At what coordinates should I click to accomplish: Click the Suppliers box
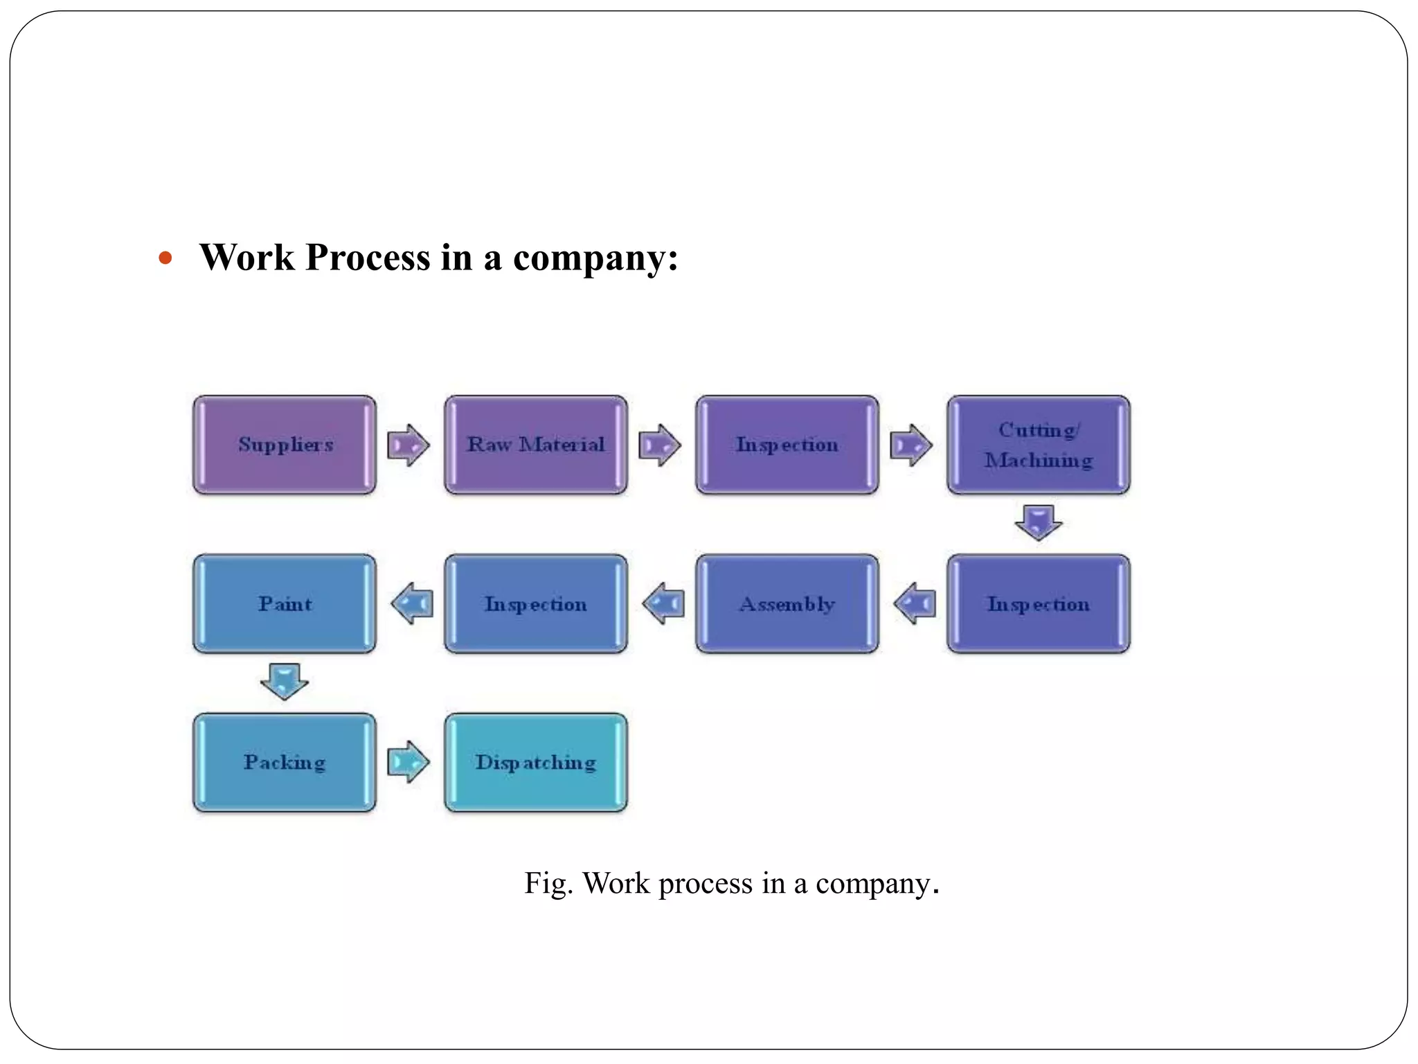click(x=285, y=445)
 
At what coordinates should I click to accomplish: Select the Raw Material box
click(x=536, y=445)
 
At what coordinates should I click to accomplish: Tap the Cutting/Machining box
click(x=1038, y=445)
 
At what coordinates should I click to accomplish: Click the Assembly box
click(x=787, y=603)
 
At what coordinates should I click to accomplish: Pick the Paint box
click(x=285, y=603)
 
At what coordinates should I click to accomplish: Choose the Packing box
click(x=285, y=762)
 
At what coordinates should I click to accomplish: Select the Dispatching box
click(x=536, y=762)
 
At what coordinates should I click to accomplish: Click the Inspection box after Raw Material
click(x=787, y=445)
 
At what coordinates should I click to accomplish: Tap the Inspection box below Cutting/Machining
click(x=1038, y=603)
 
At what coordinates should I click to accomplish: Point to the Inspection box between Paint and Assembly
click(x=536, y=603)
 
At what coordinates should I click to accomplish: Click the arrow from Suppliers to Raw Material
click(x=409, y=445)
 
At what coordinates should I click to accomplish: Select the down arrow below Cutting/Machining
click(x=1038, y=522)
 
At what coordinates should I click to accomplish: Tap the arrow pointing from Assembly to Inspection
click(x=663, y=603)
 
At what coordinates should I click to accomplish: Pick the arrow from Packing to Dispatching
click(x=409, y=762)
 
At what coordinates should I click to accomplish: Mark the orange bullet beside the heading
click(x=165, y=259)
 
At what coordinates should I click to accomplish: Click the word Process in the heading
click(x=368, y=258)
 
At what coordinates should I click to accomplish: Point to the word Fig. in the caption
click(x=548, y=884)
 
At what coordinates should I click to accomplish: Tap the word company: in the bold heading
click(x=595, y=258)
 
